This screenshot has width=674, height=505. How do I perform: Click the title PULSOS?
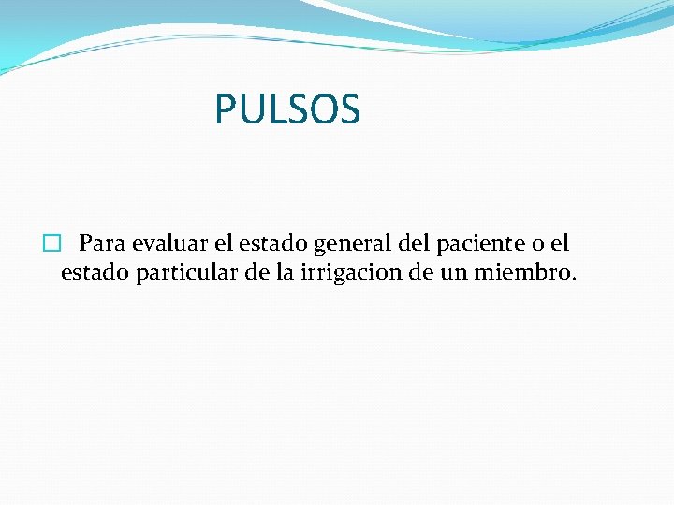point(286,108)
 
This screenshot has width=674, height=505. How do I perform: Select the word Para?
point(103,244)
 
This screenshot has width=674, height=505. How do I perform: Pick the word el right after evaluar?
point(224,244)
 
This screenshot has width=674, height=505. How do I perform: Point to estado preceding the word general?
point(273,244)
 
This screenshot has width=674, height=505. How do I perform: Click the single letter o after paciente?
point(536,246)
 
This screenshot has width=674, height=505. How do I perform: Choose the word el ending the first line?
point(560,244)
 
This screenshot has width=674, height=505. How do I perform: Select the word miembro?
point(530,274)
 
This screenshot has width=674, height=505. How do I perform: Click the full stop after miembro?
point(574,281)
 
